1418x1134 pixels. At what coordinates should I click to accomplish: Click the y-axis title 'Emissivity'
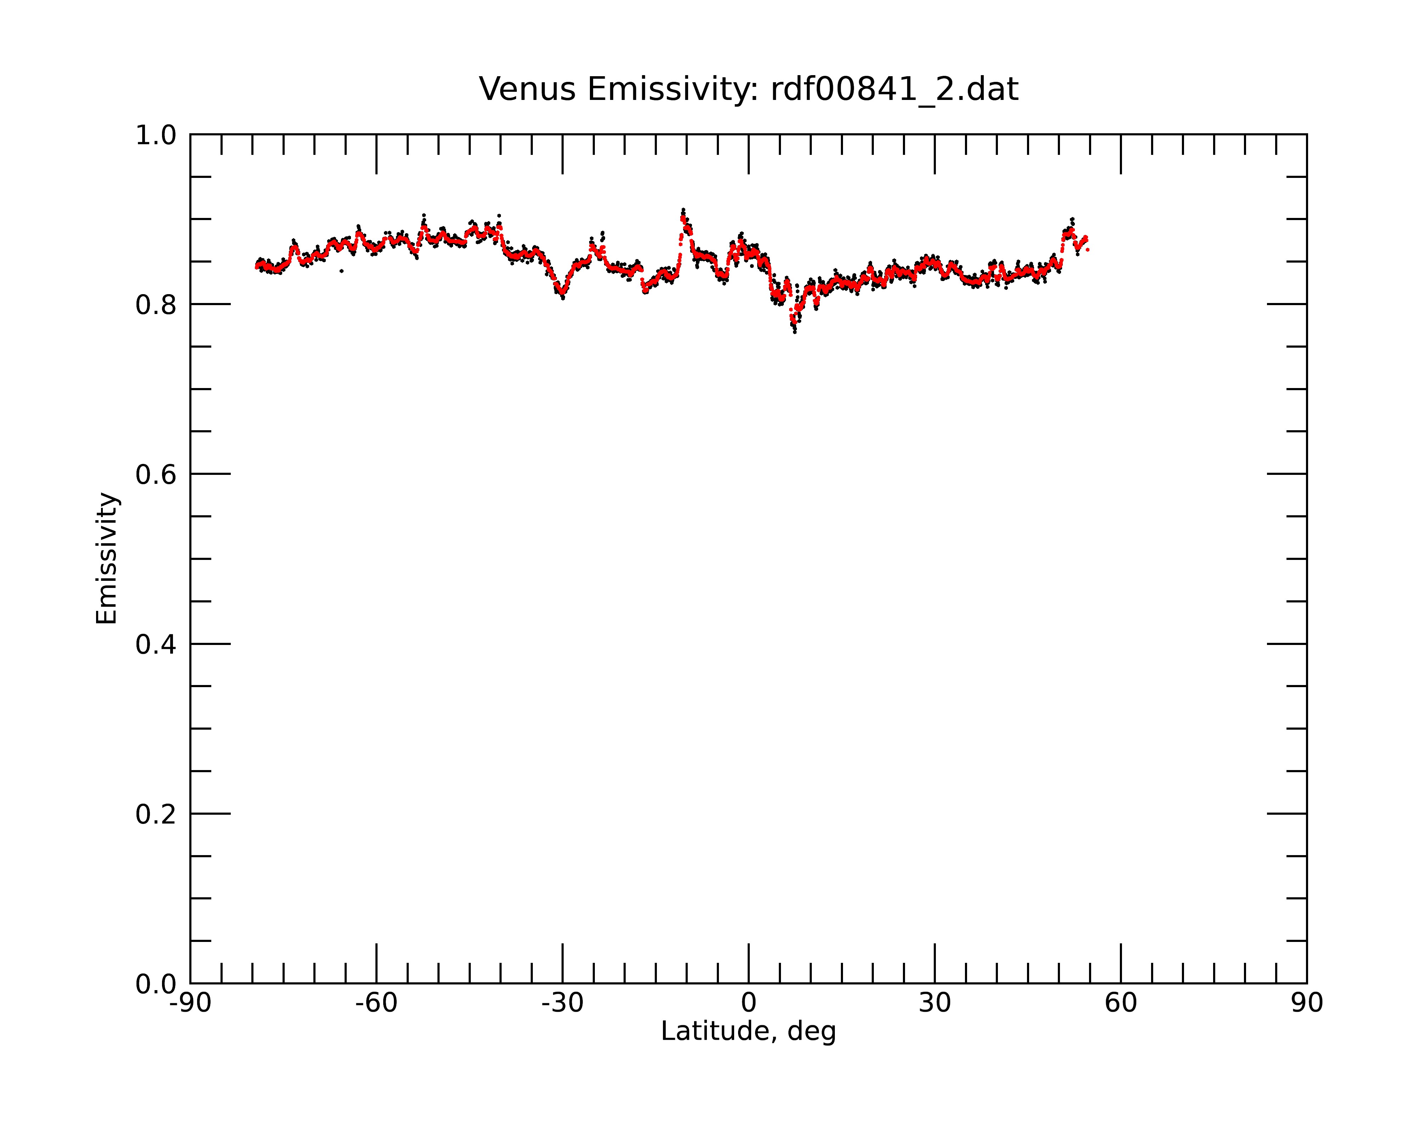pyautogui.click(x=107, y=558)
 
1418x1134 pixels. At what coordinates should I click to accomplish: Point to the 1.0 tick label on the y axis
pyautogui.click(x=156, y=136)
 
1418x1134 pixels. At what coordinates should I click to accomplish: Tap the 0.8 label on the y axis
pyautogui.click(x=156, y=305)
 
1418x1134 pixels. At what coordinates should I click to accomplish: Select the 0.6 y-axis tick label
pyautogui.click(x=156, y=475)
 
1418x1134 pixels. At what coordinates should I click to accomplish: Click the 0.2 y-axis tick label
pyautogui.click(x=156, y=814)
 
